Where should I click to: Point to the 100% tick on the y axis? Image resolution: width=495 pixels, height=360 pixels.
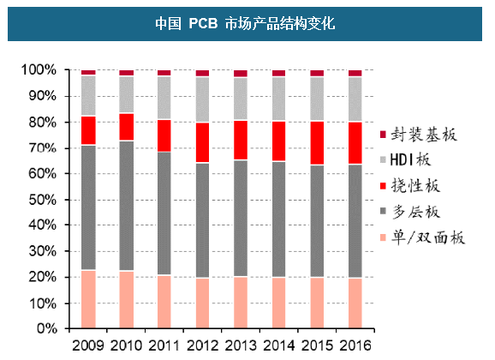click(39, 69)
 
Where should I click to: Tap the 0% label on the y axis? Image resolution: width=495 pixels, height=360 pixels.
click(45, 330)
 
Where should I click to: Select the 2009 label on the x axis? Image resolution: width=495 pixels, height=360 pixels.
click(88, 346)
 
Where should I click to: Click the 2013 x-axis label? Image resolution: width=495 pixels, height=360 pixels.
click(241, 346)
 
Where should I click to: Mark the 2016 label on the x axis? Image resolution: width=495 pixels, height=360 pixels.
click(355, 346)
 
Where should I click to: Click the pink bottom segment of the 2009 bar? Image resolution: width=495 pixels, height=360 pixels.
click(88, 300)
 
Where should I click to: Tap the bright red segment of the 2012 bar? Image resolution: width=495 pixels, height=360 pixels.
click(202, 142)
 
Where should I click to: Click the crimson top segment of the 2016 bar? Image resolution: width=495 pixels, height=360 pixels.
click(355, 74)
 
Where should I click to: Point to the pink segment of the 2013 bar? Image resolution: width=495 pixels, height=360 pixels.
click(241, 303)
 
